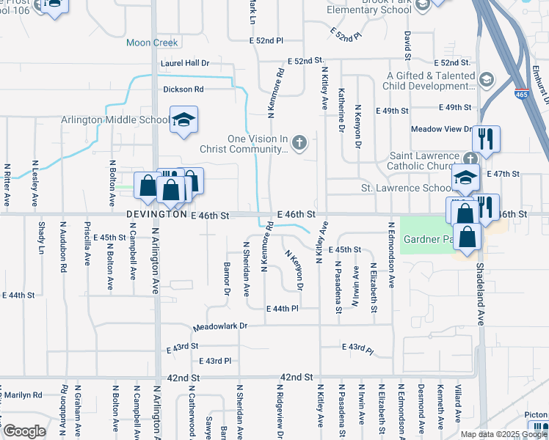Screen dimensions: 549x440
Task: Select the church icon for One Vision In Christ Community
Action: click(x=299, y=142)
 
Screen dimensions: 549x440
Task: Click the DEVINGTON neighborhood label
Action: click(x=157, y=215)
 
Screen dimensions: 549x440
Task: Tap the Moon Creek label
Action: click(x=152, y=43)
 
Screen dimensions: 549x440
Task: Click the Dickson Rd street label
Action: click(x=183, y=89)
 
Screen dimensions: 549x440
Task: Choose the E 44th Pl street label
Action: click(x=282, y=309)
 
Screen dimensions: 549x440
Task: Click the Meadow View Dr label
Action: click(x=441, y=128)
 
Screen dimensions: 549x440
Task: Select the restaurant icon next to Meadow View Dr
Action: click(x=486, y=139)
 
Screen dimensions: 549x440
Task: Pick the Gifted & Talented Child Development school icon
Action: click(x=486, y=79)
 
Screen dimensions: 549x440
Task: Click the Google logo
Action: click(x=23, y=431)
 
